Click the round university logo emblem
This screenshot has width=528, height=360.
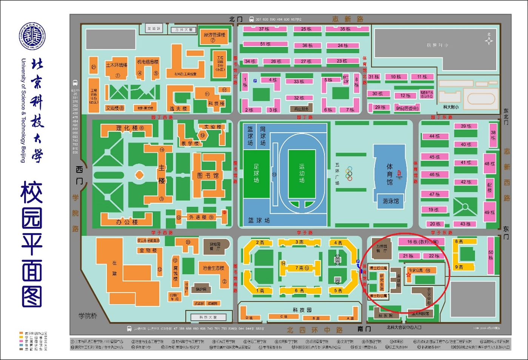pyautogui.click(x=32, y=36)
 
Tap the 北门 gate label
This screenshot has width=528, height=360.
pyautogui.click(x=236, y=19)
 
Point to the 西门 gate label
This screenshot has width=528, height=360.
pyautogui.click(x=79, y=176)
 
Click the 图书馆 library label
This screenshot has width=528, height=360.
pyautogui.click(x=208, y=176)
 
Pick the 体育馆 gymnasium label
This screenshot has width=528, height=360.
pyautogui.click(x=389, y=174)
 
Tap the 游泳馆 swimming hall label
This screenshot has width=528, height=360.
pyautogui.click(x=391, y=201)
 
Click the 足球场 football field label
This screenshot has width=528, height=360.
pyautogui.click(x=256, y=173)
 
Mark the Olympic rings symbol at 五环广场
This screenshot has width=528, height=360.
pyautogui.click(x=349, y=174)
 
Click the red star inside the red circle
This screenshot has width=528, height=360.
pyautogui.click(x=408, y=275)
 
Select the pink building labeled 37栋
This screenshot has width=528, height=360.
pyautogui.click(x=264, y=29)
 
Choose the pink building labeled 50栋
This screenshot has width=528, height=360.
pyautogui.click(x=491, y=255)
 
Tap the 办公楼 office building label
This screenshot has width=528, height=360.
pyautogui.click(x=127, y=222)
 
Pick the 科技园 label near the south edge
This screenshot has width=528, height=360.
pyautogui.click(x=302, y=310)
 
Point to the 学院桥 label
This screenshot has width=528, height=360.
pyautogui.click(x=88, y=316)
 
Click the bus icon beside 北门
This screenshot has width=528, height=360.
pyautogui.click(x=251, y=19)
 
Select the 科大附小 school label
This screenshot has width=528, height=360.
pyautogui.click(x=451, y=107)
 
